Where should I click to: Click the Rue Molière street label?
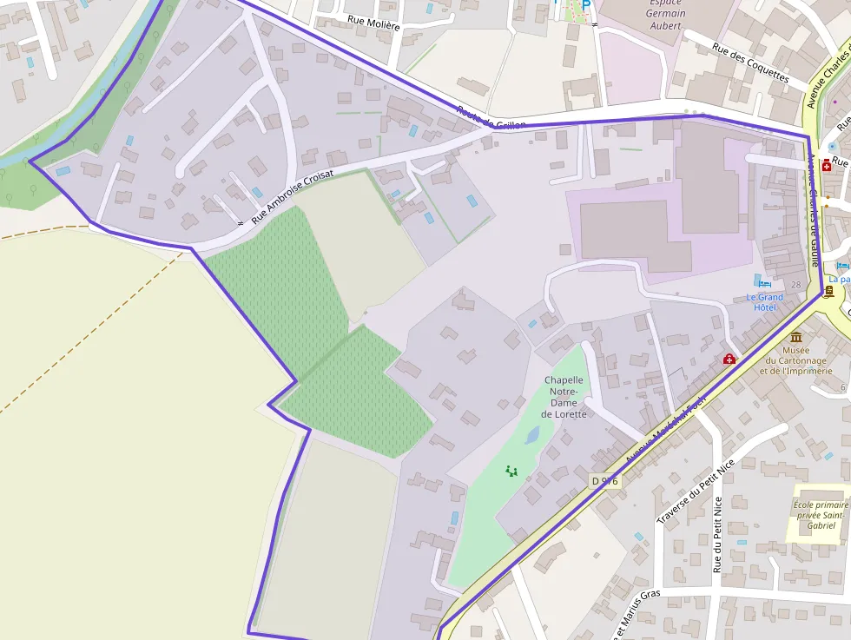coord(373,24)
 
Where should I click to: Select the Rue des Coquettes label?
coord(750,63)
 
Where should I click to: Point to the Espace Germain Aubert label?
coord(666,14)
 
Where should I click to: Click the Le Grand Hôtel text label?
coord(764,302)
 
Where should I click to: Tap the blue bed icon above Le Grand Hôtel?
coord(764,283)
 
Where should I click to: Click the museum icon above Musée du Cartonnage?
coord(795,337)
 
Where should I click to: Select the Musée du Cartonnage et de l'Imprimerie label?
coord(795,360)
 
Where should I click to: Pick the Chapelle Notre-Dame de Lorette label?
coord(564,397)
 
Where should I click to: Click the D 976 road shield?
coord(604,480)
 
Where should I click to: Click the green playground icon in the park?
coord(511,472)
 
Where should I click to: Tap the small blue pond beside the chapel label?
coord(531,433)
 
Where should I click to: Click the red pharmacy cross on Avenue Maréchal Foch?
coord(729,359)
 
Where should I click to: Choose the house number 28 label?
coord(796,285)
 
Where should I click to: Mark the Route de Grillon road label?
coord(491,119)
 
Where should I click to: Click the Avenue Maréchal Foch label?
coord(665,429)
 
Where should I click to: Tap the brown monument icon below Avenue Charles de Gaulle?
coord(829,292)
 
